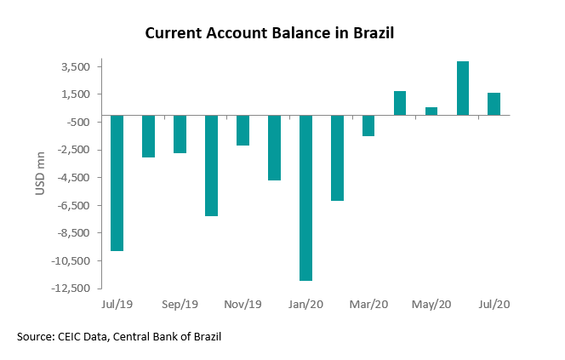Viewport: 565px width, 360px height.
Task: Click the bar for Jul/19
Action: click(117, 183)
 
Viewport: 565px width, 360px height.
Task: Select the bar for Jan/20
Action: click(305, 197)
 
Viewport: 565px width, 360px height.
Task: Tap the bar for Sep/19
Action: click(180, 134)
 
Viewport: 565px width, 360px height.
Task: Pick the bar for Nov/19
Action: click(243, 130)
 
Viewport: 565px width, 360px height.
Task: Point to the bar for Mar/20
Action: click(368, 126)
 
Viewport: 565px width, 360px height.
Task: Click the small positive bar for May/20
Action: click(431, 111)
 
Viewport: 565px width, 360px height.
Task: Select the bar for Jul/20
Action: click(494, 104)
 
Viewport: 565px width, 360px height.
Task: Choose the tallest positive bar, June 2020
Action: click(462, 88)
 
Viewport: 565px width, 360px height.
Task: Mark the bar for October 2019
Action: click(211, 165)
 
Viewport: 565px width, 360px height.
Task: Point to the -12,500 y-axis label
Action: click(72, 289)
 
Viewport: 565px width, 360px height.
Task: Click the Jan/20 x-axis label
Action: click(305, 304)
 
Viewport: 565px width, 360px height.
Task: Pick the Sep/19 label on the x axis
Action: click(180, 304)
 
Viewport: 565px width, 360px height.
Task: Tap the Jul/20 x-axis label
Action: click(494, 304)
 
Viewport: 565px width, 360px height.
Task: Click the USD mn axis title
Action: click(40, 177)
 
